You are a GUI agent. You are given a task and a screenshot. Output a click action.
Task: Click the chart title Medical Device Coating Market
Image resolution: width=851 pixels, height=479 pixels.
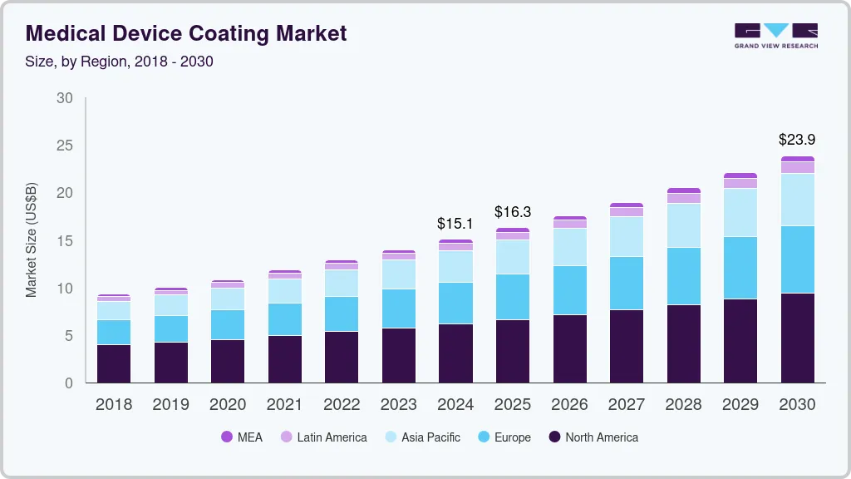[186, 33]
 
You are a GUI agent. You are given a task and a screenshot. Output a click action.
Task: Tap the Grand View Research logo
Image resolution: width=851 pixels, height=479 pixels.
[775, 36]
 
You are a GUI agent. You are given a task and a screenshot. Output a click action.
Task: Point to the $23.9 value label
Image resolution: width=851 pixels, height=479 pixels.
[797, 140]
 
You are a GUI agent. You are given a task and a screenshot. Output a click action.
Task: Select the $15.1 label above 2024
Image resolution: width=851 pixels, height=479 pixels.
[455, 224]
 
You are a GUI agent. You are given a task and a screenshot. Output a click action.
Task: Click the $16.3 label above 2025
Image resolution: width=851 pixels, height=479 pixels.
[512, 212]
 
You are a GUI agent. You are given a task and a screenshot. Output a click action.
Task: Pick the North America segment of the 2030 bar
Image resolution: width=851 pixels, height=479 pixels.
[797, 338]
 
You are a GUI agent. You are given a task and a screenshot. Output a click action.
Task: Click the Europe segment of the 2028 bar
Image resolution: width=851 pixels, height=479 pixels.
[683, 276]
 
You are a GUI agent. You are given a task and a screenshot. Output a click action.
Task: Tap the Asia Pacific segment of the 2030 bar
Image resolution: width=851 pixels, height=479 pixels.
[797, 200]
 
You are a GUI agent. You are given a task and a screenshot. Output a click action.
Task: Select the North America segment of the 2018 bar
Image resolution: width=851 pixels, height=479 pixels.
[114, 363]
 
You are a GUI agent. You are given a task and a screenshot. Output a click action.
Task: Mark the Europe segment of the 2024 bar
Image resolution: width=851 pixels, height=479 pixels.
[455, 304]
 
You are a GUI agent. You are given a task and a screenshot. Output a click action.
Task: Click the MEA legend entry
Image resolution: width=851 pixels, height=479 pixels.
[241, 437]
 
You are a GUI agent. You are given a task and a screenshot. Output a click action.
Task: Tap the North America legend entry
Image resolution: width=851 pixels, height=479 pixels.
[593, 437]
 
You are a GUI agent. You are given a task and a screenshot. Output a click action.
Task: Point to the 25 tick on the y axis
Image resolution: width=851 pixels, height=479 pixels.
[65, 146]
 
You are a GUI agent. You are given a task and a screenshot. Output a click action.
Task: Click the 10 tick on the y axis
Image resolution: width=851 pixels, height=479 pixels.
[65, 289]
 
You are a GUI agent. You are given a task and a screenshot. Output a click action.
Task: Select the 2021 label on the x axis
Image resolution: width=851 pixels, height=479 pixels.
[284, 405]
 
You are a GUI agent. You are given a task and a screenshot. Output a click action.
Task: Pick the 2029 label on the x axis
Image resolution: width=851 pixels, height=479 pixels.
[740, 405]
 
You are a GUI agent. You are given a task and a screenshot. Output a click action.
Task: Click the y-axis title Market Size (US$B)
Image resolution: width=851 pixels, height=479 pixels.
[31, 239]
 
